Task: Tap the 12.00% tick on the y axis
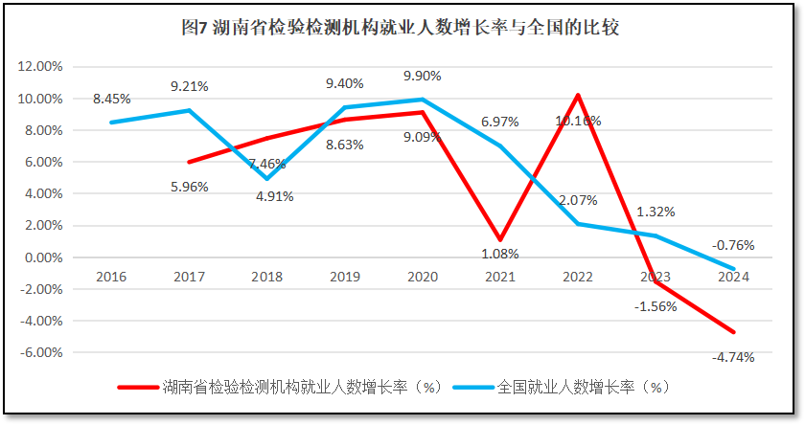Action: [x=41, y=67]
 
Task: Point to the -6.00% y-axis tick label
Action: [x=41, y=352]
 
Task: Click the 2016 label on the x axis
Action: [x=111, y=276]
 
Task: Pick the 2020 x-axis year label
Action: [x=423, y=276]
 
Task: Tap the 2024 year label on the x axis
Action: [x=734, y=276]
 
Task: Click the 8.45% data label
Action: [x=112, y=99]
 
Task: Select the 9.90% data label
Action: [x=423, y=76]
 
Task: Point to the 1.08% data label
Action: [x=500, y=255]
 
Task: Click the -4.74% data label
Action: [x=734, y=357]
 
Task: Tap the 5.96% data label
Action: [x=190, y=187]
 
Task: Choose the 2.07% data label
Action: [x=578, y=200]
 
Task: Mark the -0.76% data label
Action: [x=734, y=245]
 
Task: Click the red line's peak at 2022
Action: [x=578, y=95]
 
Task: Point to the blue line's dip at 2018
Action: [x=267, y=179]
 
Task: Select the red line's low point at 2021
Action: [x=500, y=239]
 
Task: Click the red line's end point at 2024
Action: [x=734, y=332]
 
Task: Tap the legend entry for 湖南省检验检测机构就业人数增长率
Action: [x=278, y=388]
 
